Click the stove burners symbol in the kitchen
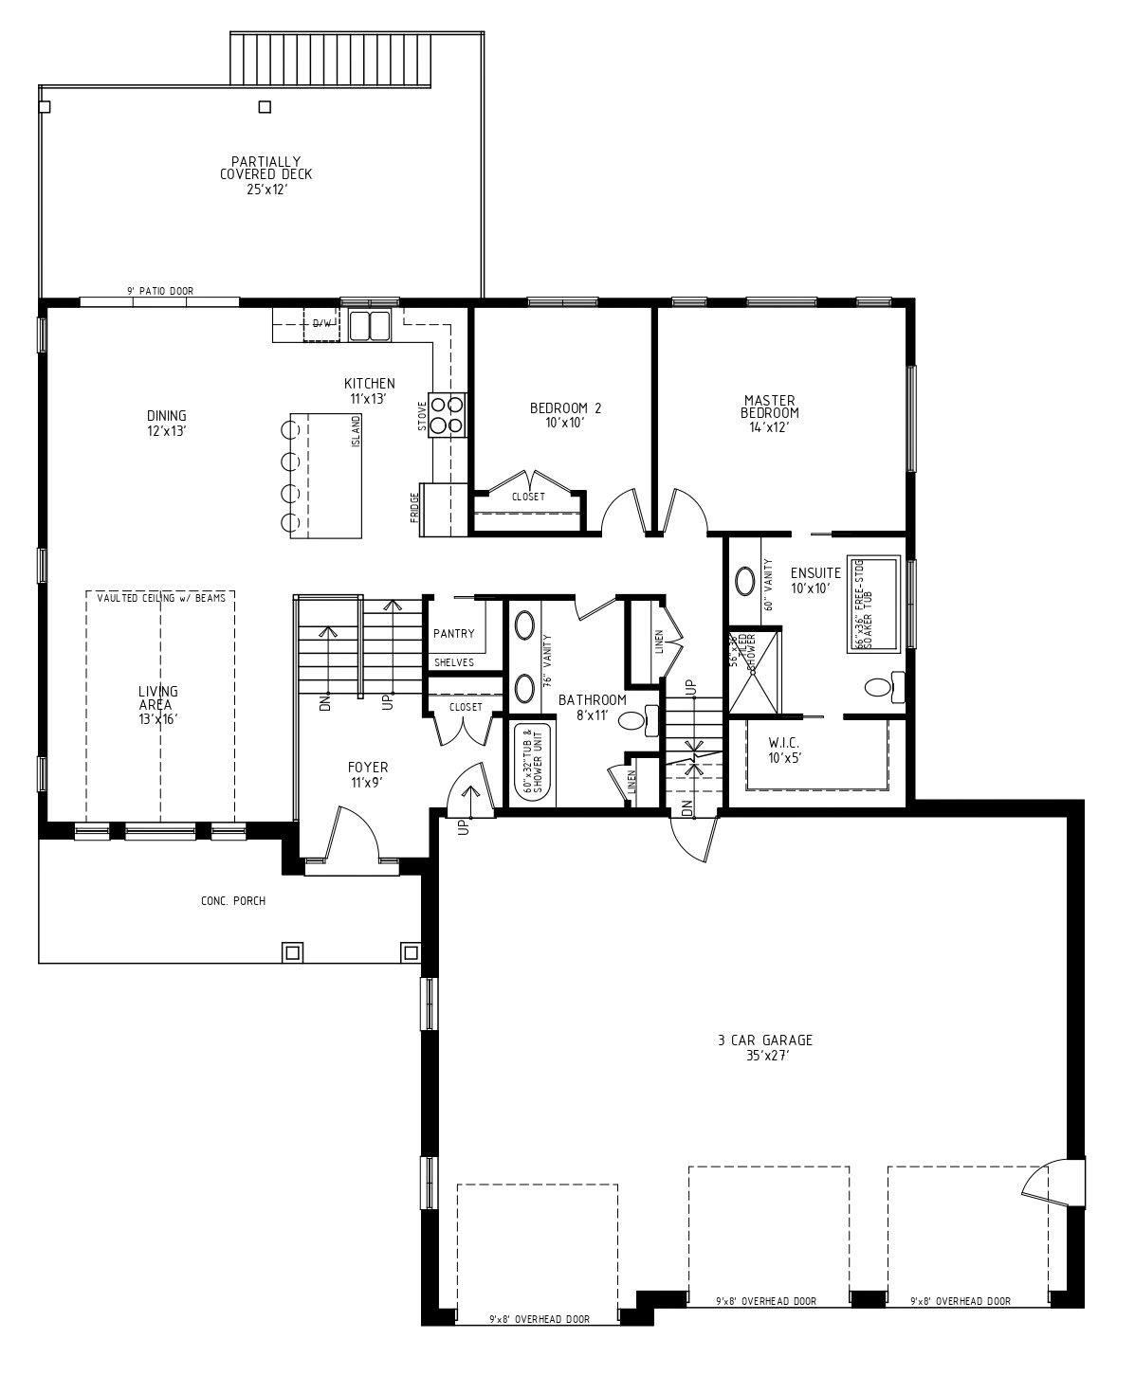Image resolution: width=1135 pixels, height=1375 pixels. pos(448,414)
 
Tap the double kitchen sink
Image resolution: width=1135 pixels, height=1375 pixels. pos(370,325)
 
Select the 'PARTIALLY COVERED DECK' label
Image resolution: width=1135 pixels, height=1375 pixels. pos(265,174)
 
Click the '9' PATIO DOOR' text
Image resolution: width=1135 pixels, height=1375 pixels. pos(159,291)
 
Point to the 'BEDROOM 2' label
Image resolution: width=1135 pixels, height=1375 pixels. pos(565,415)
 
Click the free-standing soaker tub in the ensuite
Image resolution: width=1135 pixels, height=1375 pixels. pos(871,605)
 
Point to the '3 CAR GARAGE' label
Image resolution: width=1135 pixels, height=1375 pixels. pos(765,1046)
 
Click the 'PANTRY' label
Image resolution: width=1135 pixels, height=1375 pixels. pos(453,634)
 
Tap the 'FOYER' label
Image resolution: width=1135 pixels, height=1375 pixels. pos(367,774)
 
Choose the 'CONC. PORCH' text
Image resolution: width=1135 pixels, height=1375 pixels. pos(233,900)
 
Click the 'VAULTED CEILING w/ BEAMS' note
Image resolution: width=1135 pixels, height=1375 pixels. pos(160,597)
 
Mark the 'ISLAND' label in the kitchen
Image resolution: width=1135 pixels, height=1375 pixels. pos(357,431)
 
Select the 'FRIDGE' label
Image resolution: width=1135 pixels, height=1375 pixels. pos(415,508)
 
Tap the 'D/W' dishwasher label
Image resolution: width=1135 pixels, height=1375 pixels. pos(323,324)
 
